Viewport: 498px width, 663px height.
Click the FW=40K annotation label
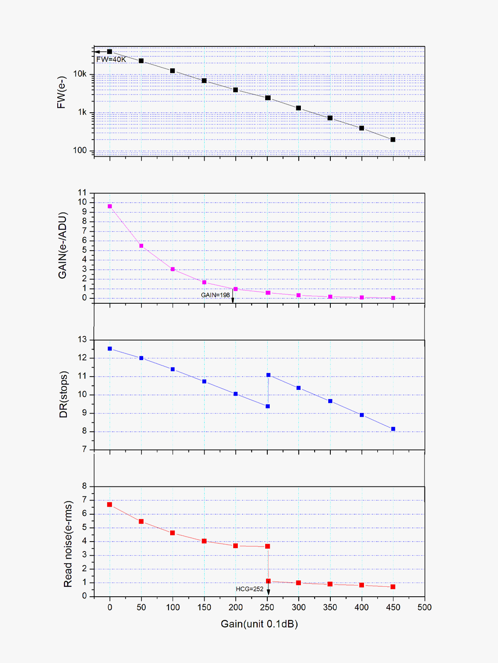pos(111,59)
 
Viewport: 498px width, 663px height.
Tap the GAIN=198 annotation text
pos(215,295)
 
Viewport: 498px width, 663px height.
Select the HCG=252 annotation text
pos(249,589)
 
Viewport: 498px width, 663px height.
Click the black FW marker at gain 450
pos(393,140)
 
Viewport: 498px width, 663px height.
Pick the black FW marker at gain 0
pos(110,52)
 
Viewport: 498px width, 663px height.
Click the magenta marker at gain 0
pos(110,206)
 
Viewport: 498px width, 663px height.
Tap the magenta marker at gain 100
pos(173,269)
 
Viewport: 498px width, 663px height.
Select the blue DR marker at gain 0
pos(110,349)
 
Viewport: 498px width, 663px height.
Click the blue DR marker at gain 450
pos(393,429)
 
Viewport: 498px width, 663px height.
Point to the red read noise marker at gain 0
pos(110,505)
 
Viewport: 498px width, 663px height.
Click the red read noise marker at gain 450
pos(393,587)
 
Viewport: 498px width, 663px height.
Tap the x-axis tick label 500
pos(425,607)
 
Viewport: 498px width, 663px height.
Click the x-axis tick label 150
pos(204,607)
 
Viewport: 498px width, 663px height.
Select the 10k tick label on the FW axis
pos(80,74)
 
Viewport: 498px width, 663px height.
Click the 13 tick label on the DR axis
pos(82,340)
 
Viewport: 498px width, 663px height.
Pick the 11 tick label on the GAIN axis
pos(82,193)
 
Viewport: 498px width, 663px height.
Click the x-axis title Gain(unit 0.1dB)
pos(259,624)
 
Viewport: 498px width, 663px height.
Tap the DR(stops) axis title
pos(63,394)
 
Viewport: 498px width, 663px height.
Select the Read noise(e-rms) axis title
pos(68,544)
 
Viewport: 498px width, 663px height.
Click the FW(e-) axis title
pos(61,92)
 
